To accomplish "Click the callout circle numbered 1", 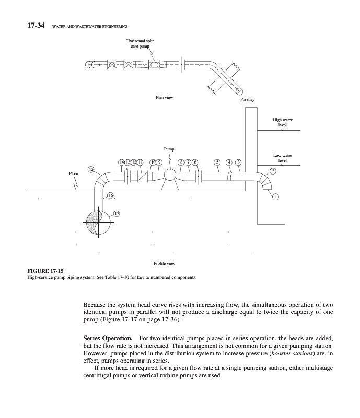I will (276, 196).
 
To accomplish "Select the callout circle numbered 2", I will (272, 171).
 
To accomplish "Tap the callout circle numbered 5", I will (217, 162).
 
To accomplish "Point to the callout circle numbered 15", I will (91, 169).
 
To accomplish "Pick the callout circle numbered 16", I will (110, 195).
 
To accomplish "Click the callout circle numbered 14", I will (122, 162).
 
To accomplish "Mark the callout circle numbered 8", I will (182, 162).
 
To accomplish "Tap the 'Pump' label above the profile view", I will (169, 149).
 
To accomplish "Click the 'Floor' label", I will (74, 172).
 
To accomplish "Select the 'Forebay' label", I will (247, 99).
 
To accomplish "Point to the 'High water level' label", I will (283, 122).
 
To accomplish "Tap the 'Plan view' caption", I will (165, 97).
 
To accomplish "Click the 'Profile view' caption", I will (164, 263).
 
